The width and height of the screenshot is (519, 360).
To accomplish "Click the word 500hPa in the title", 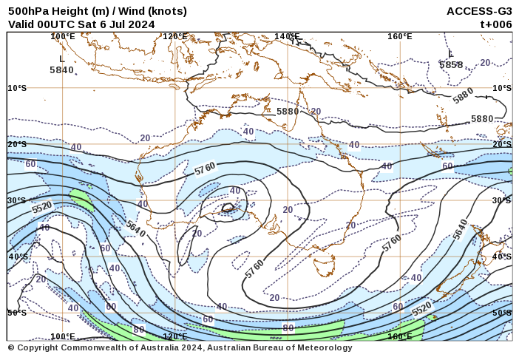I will [x=27, y=11].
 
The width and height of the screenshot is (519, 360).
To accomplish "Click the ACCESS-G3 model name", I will [x=479, y=11].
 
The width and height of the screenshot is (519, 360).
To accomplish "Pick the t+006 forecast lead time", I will [x=496, y=24].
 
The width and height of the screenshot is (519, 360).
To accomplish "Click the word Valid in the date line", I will [x=22, y=24].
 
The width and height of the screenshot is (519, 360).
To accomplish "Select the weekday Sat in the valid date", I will [x=87, y=24].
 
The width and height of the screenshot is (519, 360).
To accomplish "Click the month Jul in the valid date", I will [x=118, y=24].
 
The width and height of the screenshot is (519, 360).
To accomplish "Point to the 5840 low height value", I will [x=61, y=69].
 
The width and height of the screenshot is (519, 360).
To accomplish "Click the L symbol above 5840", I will [x=62, y=58].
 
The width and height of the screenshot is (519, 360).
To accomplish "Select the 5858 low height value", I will [x=451, y=64].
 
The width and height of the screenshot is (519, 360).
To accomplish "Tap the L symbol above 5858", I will [x=451, y=54].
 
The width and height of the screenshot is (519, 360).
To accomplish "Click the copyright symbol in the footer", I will [x=11, y=347].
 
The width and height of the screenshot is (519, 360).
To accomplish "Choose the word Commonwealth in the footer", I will [x=99, y=347].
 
